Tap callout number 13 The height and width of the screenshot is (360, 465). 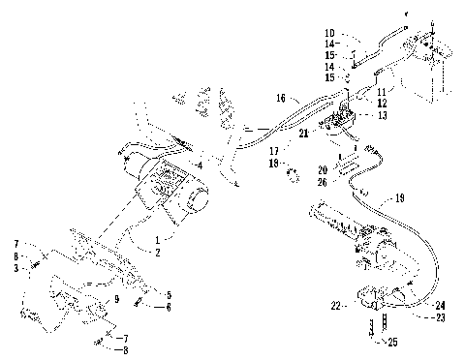coord(385,114)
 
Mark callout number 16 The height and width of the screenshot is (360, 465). coord(280,98)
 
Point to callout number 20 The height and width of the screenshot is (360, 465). coord(322,169)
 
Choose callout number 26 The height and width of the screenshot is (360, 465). coord(322,180)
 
